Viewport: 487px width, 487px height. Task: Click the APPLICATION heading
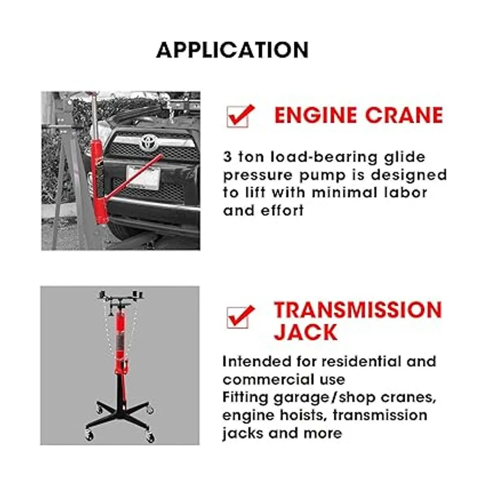(x=232, y=50)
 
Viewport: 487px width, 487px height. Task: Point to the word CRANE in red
(x=404, y=115)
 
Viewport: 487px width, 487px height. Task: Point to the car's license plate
(x=143, y=177)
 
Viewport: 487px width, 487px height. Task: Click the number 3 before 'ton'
(x=227, y=157)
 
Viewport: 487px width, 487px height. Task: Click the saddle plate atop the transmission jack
(x=121, y=298)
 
